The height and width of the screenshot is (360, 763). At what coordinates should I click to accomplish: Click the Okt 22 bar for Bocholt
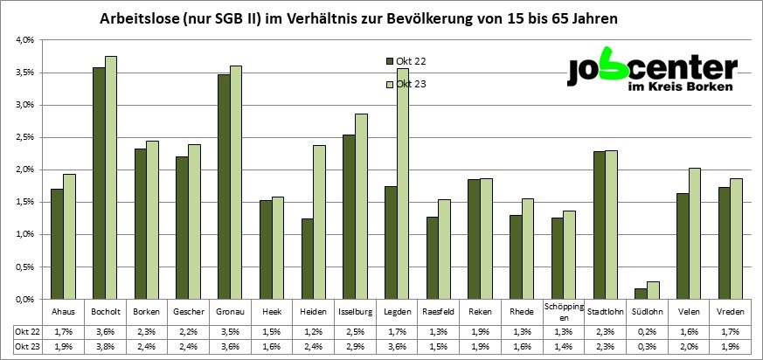[x=99, y=183]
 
